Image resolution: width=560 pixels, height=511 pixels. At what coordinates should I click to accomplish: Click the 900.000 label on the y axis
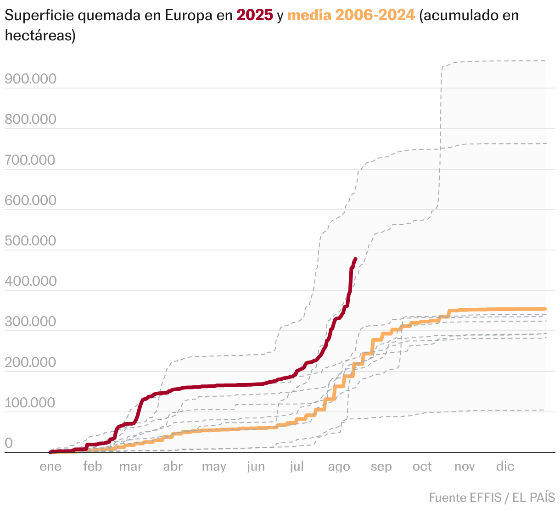pos(30,79)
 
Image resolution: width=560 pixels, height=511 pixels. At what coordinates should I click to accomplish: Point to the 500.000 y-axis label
pos(30,241)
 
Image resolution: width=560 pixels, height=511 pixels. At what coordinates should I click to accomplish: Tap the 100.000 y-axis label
pos(30,403)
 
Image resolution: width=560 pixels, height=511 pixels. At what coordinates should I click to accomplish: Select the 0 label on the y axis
pos(9,443)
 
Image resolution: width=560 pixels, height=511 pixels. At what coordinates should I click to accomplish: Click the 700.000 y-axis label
pos(30,160)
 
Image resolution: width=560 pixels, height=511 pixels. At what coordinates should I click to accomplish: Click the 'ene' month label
pos(50,467)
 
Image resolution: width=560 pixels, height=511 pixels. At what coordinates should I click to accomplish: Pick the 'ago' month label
pos(339,467)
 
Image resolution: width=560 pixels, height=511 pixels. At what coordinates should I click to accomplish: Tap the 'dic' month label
pos(505,467)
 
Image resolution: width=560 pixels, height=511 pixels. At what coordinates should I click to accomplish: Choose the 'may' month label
pos(214,467)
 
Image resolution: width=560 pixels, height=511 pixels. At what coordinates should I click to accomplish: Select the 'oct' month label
pos(422,467)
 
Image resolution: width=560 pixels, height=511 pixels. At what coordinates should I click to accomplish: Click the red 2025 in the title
pos(255,15)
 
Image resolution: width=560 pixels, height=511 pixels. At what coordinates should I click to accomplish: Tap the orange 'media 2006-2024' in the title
pos(351,15)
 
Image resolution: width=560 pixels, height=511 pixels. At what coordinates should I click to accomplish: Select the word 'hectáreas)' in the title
pos(40,35)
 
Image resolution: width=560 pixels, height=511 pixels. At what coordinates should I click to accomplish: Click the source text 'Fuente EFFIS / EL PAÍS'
pos(492,497)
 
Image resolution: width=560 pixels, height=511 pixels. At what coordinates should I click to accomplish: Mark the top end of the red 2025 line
pos(356,259)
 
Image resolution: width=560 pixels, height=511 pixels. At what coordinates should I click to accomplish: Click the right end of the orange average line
pos(545,309)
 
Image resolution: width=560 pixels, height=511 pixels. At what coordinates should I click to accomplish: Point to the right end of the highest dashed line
pos(545,61)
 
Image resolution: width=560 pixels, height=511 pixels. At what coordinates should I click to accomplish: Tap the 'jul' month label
pos(297,467)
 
